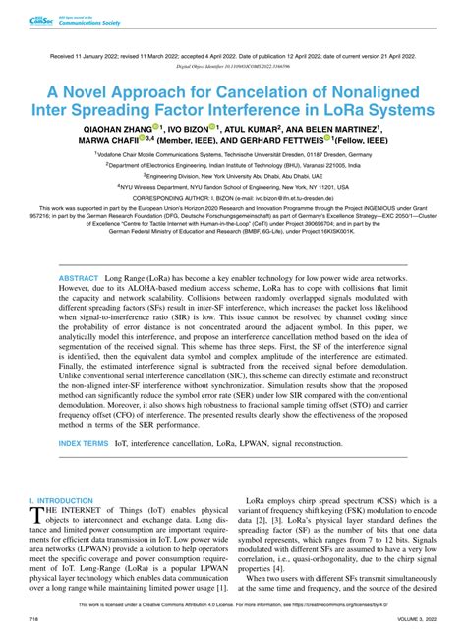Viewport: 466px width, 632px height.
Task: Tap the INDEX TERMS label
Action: (x=86, y=443)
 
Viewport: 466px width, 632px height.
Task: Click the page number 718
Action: (x=33, y=620)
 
